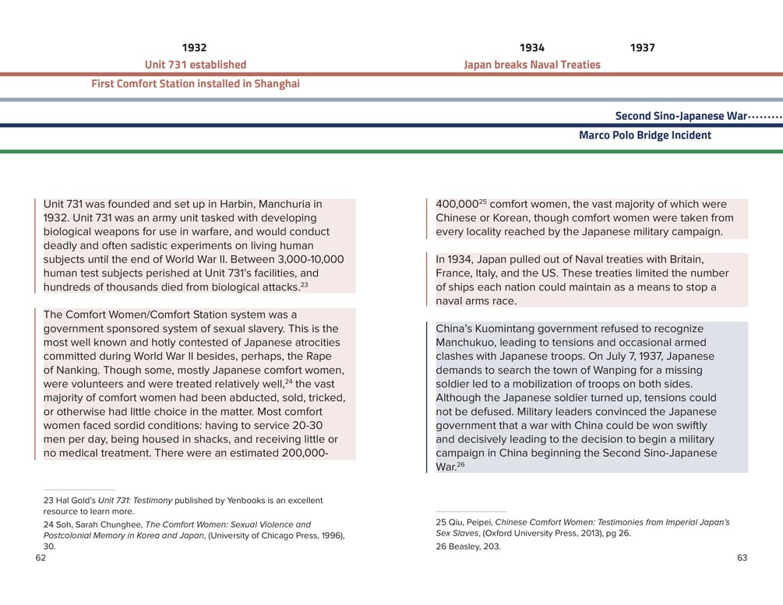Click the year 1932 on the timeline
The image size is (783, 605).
(x=194, y=48)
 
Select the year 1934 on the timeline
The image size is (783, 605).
(x=532, y=48)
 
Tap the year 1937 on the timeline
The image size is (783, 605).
(x=642, y=48)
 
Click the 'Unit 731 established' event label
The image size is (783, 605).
(x=196, y=65)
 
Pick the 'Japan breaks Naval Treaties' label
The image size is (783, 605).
(x=532, y=65)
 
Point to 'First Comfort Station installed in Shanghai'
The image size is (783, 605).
(x=196, y=84)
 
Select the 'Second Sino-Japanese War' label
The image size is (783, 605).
(x=681, y=116)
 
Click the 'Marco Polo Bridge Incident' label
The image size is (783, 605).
(x=644, y=135)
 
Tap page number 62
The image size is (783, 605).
(x=41, y=558)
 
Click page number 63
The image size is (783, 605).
(x=742, y=558)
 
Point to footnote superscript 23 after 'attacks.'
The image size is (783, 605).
(x=305, y=285)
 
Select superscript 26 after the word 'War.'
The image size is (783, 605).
(x=460, y=465)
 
